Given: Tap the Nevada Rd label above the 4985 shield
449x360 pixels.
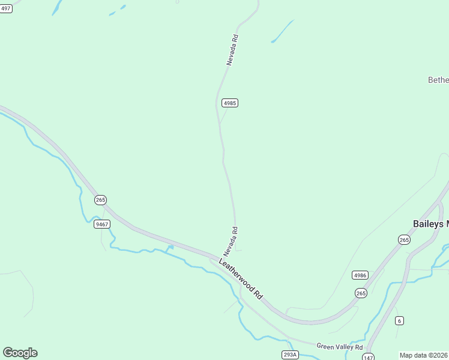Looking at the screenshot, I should (232, 50).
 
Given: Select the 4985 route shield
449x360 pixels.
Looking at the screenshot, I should (230, 103).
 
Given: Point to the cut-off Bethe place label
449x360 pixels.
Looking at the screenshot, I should (438, 80).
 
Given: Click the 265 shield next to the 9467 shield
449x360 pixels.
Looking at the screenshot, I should (100, 200).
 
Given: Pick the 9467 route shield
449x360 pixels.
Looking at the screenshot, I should (102, 224).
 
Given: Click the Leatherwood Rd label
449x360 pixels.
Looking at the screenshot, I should (241, 279).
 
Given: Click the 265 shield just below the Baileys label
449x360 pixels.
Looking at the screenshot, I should (404, 239).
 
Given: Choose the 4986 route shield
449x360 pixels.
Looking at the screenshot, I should (360, 275).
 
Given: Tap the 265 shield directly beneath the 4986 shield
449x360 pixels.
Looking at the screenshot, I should (361, 293).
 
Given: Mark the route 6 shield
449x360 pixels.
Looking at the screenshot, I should (399, 320).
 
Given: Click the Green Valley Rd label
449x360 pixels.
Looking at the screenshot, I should (340, 347).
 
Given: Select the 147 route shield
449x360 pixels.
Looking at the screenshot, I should (369, 357).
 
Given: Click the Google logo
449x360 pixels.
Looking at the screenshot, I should (20, 353).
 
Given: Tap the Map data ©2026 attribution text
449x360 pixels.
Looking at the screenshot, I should (424, 355).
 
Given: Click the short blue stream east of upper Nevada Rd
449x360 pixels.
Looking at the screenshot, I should (282, 31).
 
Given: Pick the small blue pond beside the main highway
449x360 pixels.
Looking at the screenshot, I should (170, 247).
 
